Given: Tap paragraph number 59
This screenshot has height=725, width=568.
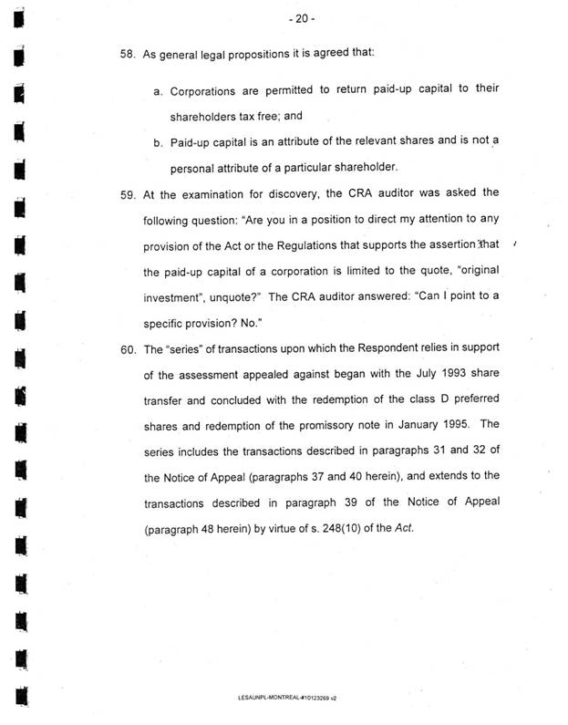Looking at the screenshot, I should pyautogui.click(x=128, y=193).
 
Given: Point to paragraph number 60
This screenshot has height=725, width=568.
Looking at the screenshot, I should pyautogui.click(x=128, y=349).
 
